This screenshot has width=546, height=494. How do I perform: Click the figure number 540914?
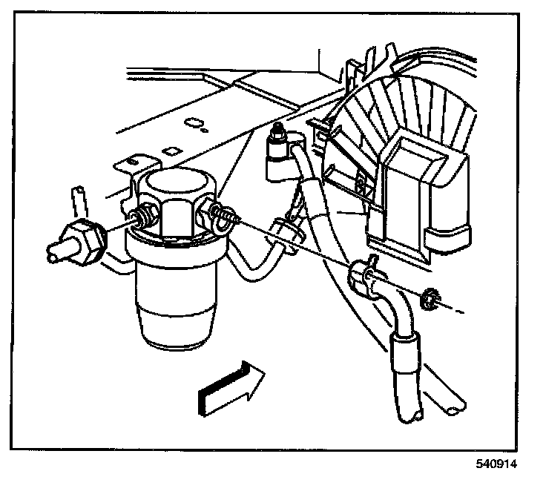496,464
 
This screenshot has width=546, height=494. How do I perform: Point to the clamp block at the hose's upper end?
363,276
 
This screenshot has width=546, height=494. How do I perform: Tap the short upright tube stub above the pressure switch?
76,201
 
